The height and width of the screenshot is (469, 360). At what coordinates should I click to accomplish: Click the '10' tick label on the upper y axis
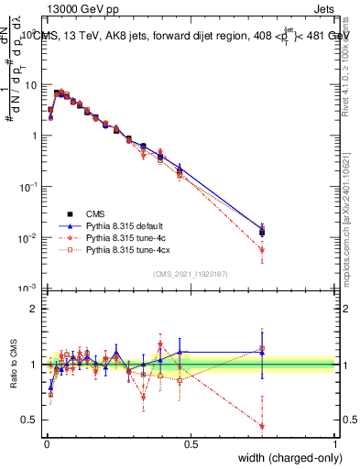pos(31,84)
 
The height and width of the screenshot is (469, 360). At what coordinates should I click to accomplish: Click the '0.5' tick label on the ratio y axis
pos(31,420)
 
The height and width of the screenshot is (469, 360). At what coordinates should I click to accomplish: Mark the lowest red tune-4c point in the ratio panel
pos(262,426)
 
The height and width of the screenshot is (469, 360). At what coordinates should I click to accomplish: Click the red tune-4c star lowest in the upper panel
pos(262,249)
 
